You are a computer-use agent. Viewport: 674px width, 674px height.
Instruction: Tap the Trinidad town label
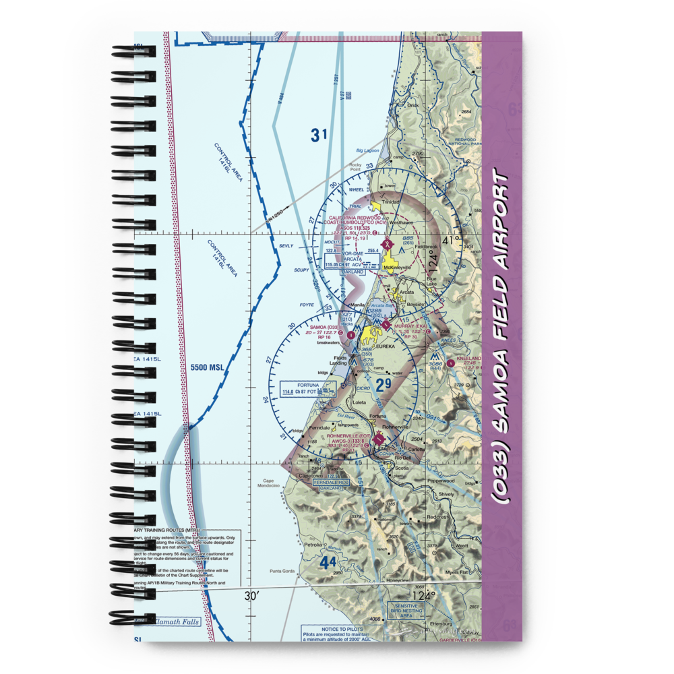(391, 202)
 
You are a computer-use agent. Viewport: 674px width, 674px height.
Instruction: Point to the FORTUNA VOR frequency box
(307, 388)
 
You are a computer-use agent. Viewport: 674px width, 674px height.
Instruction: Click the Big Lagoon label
(368, 150)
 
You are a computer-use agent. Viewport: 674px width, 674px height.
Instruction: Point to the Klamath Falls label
(177, 621)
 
